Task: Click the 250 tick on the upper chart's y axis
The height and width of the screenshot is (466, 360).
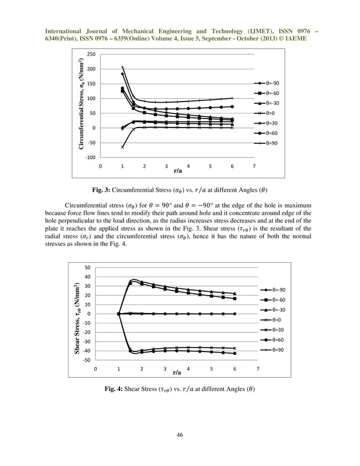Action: coord(91,55)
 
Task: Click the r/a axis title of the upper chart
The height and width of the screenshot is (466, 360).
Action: coord(178,170)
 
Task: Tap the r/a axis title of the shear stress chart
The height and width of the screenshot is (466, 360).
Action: coord(177,372)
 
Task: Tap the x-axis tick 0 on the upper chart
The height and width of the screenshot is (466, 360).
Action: coord(100,166)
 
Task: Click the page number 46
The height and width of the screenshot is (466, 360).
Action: coord(179,434)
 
